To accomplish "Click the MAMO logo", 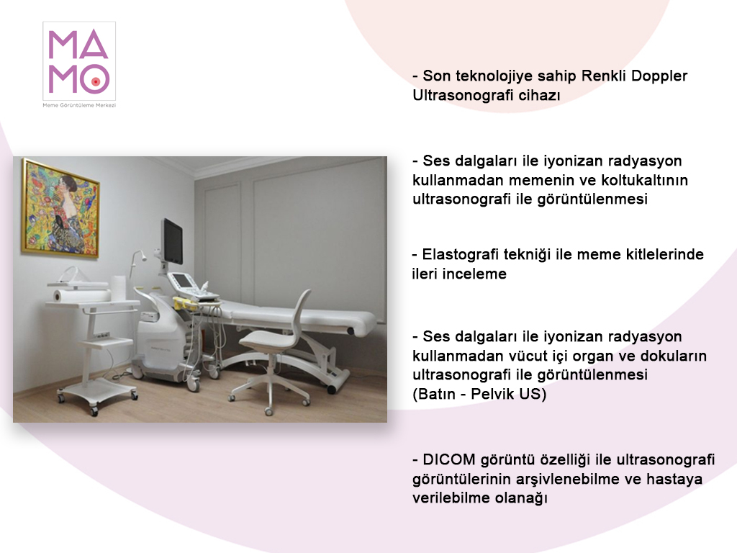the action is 79,62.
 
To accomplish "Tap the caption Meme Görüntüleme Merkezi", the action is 79,105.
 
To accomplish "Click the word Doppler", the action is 659,76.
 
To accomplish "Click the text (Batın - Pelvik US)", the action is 479,394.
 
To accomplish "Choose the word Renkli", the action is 604,76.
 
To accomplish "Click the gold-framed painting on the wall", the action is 60,208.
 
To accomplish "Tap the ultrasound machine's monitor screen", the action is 173,240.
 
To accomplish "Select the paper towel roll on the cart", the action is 81,296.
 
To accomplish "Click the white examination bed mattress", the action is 302,315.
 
